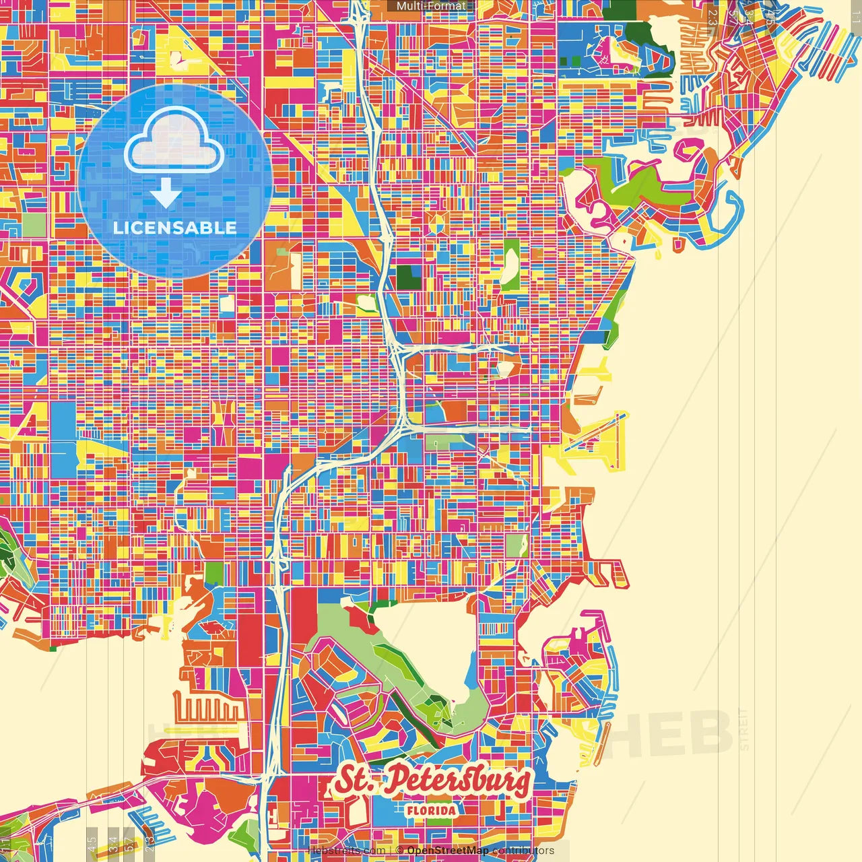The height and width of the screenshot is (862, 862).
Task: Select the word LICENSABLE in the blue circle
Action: pos(175,228)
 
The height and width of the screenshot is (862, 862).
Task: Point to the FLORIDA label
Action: pos(431,810)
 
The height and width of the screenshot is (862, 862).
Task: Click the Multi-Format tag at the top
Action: pos(430,6)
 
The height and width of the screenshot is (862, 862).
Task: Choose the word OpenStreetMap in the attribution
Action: pos(448,851)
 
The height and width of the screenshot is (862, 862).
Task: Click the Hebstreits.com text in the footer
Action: pos(346,851)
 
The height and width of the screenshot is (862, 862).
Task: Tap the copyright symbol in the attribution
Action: pos(399,851)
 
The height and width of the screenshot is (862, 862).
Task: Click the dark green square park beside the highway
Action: pos(407,277)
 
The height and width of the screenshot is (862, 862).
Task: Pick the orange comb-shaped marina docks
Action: pos(209,707)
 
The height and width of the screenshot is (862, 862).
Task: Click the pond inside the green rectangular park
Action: pos(367,304)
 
